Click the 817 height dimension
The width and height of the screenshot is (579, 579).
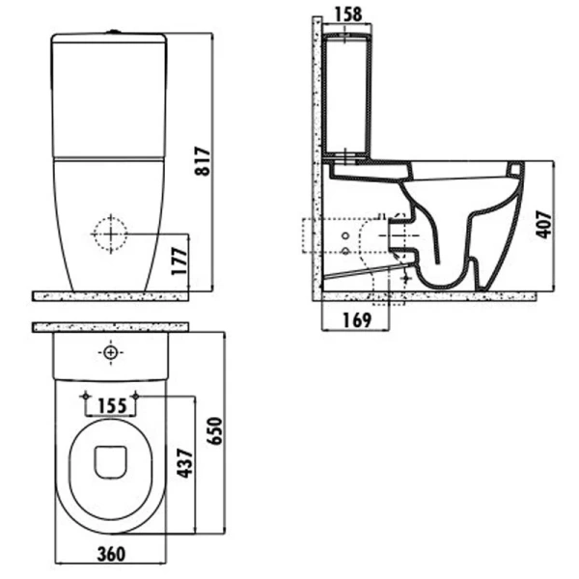pos(203,161)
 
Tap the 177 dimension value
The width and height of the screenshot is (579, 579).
pos(179,262)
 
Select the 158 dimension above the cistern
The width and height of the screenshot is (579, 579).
pos(347,14)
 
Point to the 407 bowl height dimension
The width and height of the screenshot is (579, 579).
pos(543,225)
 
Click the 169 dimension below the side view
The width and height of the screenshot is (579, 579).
pos(357,320)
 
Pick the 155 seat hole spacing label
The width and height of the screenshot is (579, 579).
pos(112,406)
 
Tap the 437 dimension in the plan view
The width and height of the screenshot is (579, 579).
pos(185,463)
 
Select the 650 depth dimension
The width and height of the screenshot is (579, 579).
pos(214,431)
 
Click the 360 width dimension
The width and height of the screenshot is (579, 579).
pos(111,554)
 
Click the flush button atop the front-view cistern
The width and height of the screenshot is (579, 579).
pos(113,32)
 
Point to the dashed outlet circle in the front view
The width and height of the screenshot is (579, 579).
pos(110,234)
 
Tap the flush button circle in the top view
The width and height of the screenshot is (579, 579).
pos(110,352)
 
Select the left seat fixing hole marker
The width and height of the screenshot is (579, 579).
pos(86,397)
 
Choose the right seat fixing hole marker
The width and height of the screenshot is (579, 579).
pos(135,397)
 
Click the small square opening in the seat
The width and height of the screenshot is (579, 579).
pos(110,462)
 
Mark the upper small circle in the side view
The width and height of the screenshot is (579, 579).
pos(345,235)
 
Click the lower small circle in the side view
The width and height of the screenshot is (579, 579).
pos(345,251)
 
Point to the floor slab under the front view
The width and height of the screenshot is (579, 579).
pos(110,296)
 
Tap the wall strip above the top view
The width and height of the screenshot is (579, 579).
pos(110,327)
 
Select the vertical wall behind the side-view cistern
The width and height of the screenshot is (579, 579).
pos(317,159)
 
